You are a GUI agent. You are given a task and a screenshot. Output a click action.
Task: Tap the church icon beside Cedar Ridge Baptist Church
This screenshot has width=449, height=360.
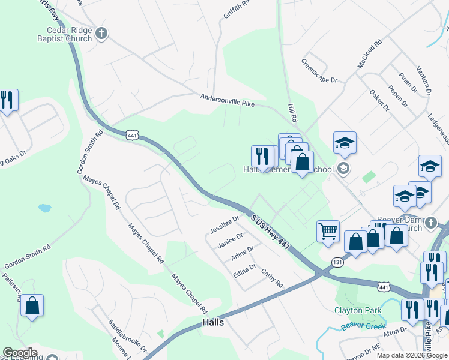point(101,34)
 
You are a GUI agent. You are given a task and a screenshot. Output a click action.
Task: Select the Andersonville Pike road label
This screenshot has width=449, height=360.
point(228,100)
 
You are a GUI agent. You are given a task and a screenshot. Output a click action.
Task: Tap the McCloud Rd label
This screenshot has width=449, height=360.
point(369,54)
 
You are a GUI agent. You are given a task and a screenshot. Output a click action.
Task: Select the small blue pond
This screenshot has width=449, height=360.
point(44,208)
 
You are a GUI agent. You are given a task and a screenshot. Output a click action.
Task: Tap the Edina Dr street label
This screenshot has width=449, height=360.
point(244,271)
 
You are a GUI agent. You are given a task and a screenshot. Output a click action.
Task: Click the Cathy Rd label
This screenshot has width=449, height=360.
point(271,278)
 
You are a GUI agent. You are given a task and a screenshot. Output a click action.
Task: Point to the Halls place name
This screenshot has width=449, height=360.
point(213,322)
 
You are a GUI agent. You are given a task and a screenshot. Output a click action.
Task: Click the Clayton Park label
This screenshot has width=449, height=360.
point(357,310)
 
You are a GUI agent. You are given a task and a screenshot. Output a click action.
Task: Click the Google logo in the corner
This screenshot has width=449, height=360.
point(20,352)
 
